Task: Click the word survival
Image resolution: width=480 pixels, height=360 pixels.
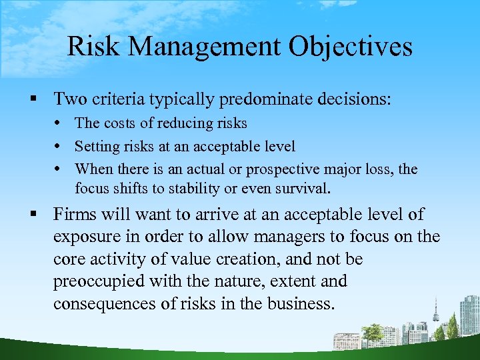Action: [299, 188]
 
